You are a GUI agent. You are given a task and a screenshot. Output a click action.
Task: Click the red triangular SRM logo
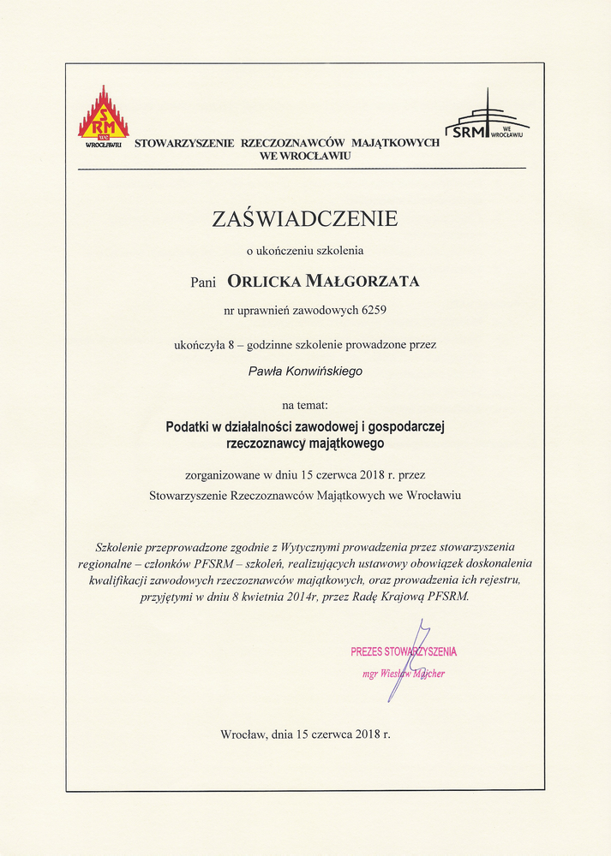click(x=104, y=115)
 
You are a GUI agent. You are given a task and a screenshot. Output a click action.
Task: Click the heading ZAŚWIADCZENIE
click(x=305, y=219)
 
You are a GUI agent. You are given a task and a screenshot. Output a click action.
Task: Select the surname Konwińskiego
click(x=332, y=372)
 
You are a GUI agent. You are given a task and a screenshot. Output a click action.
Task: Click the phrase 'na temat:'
click(x=305, y=403)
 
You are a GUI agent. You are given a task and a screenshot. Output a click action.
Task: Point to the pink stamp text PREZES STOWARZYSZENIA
click(x=404, y=652)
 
